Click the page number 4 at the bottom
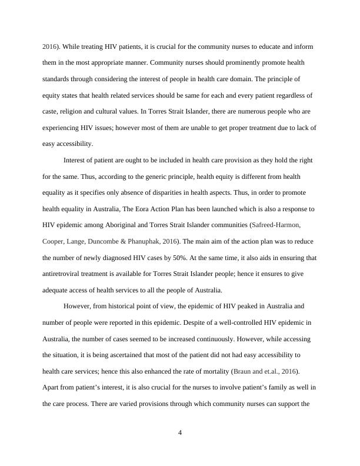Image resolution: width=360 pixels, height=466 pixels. (180, 434)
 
